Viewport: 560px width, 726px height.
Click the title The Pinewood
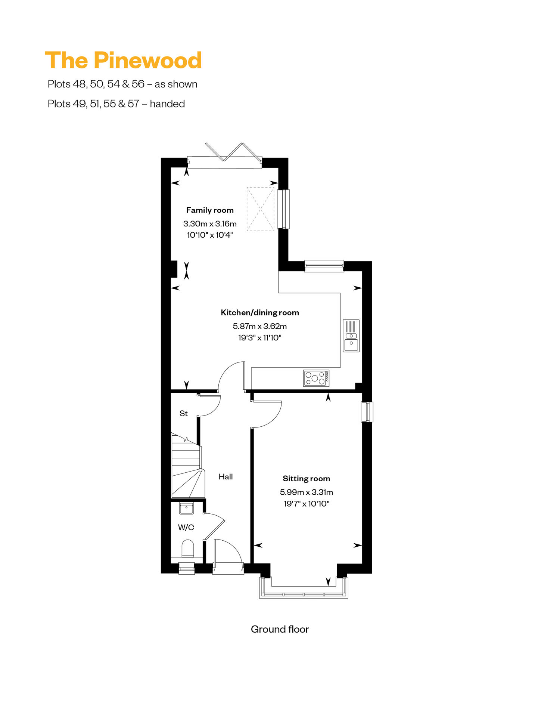coord(123,60)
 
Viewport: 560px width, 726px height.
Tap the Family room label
coord(210,210)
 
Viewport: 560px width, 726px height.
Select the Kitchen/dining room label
coord(260,313)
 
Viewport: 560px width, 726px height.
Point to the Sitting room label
coord(306,479)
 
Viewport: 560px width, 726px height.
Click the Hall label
coord(225,477)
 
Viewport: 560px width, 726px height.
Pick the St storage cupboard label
coord(183,414)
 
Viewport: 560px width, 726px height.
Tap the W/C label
coord(186,528)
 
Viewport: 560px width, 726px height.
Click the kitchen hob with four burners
coord(316,378)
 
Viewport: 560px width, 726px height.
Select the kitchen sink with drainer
coord(351,336)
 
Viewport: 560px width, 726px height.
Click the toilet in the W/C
coord(188,549)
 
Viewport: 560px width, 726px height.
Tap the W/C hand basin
coord(186,509)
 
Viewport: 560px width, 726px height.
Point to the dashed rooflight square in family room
coord(260,209)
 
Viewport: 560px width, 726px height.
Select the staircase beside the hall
coord(187,465)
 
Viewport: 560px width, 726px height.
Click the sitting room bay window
coord(304,588)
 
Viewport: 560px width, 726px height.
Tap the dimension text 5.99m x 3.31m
coord(307,492)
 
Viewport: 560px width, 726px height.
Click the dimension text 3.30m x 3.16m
coord(210,224)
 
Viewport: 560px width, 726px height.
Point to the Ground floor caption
coord(280,629)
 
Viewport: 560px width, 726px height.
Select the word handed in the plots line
coord(167,104)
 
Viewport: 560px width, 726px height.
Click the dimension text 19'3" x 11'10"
coord(260,338)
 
